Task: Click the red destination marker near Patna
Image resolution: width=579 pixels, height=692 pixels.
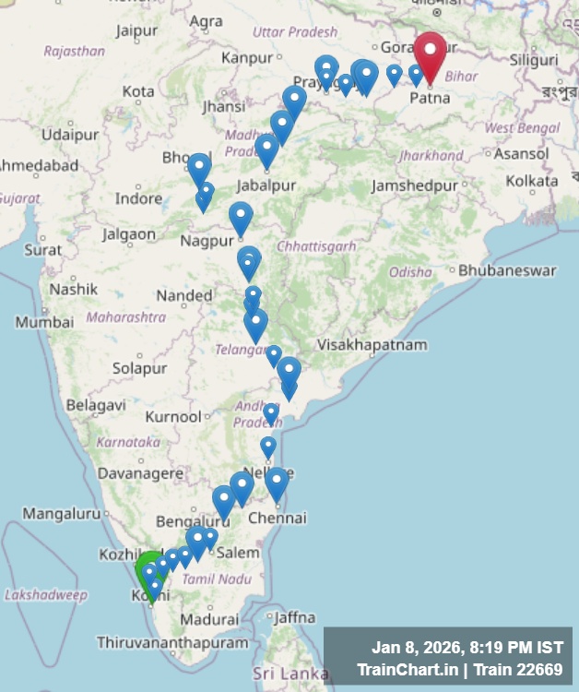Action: point(430,54)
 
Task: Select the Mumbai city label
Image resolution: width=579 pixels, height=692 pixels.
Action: point(44,323)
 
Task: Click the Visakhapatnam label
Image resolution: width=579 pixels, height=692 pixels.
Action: point(372,345)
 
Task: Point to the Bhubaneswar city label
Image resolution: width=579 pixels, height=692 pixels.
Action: point(507,271)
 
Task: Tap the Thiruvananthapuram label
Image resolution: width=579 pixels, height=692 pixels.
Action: point(172,642)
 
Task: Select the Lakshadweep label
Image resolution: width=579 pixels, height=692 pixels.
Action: point(46,595)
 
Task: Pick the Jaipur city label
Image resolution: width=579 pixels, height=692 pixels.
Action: point(136,31)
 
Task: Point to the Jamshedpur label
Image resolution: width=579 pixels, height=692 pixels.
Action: point(414,185)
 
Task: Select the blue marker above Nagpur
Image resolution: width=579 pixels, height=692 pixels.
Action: point(241,218)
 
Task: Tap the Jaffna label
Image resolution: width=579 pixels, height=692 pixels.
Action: point(294,617)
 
